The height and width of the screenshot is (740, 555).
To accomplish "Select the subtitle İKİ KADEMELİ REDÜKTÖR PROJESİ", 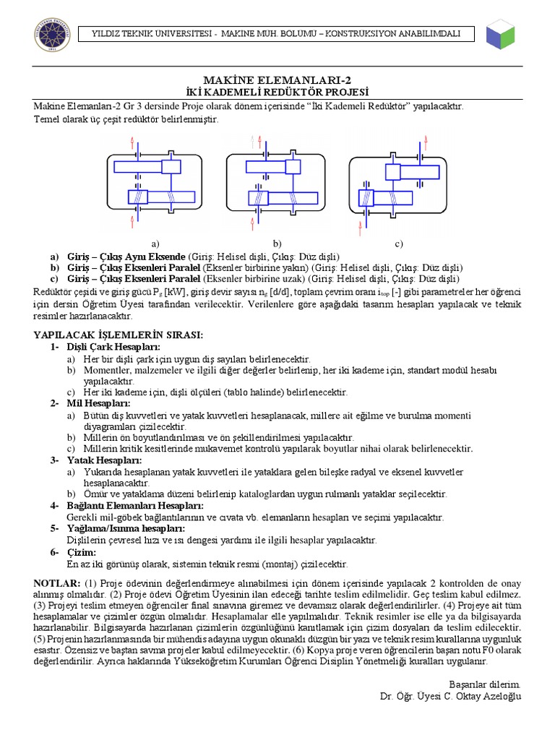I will tap(277, 92).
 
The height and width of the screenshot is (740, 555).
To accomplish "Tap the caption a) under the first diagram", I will tap(155, 243).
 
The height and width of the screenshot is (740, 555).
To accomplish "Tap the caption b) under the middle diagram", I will tap(277, 243).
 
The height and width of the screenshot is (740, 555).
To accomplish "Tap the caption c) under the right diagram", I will tap(398, 243).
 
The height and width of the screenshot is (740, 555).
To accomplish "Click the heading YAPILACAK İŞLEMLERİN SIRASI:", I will tap(119, 335).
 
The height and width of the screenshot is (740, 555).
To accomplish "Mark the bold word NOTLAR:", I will tap(57, 582).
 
